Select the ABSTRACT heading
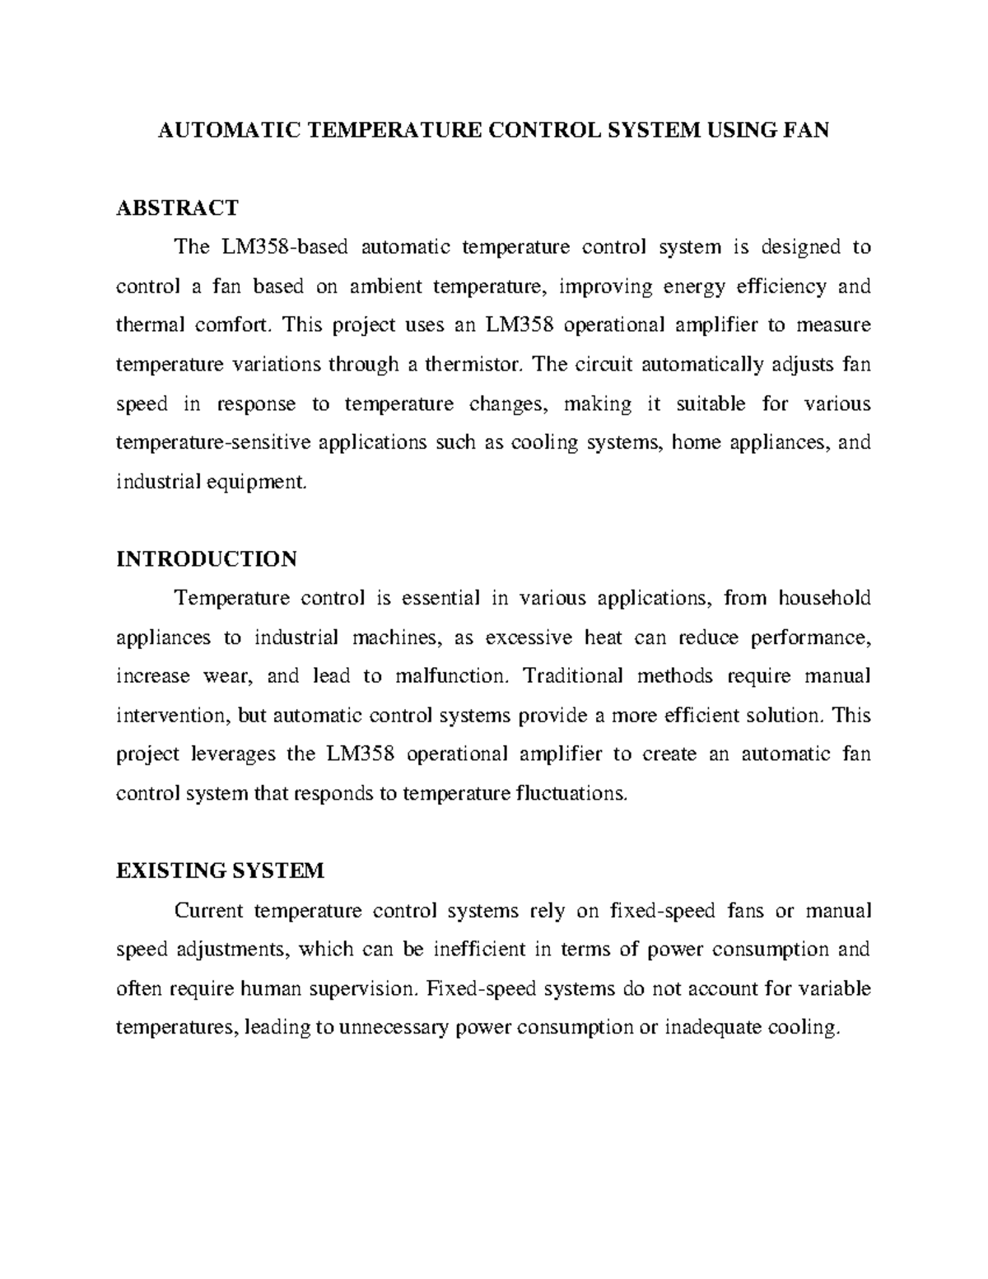(x=177, y=208)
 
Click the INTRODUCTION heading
(x=207, y=559)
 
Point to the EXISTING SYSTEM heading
(x=220, y=871)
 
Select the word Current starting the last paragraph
(x=208, y=911)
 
